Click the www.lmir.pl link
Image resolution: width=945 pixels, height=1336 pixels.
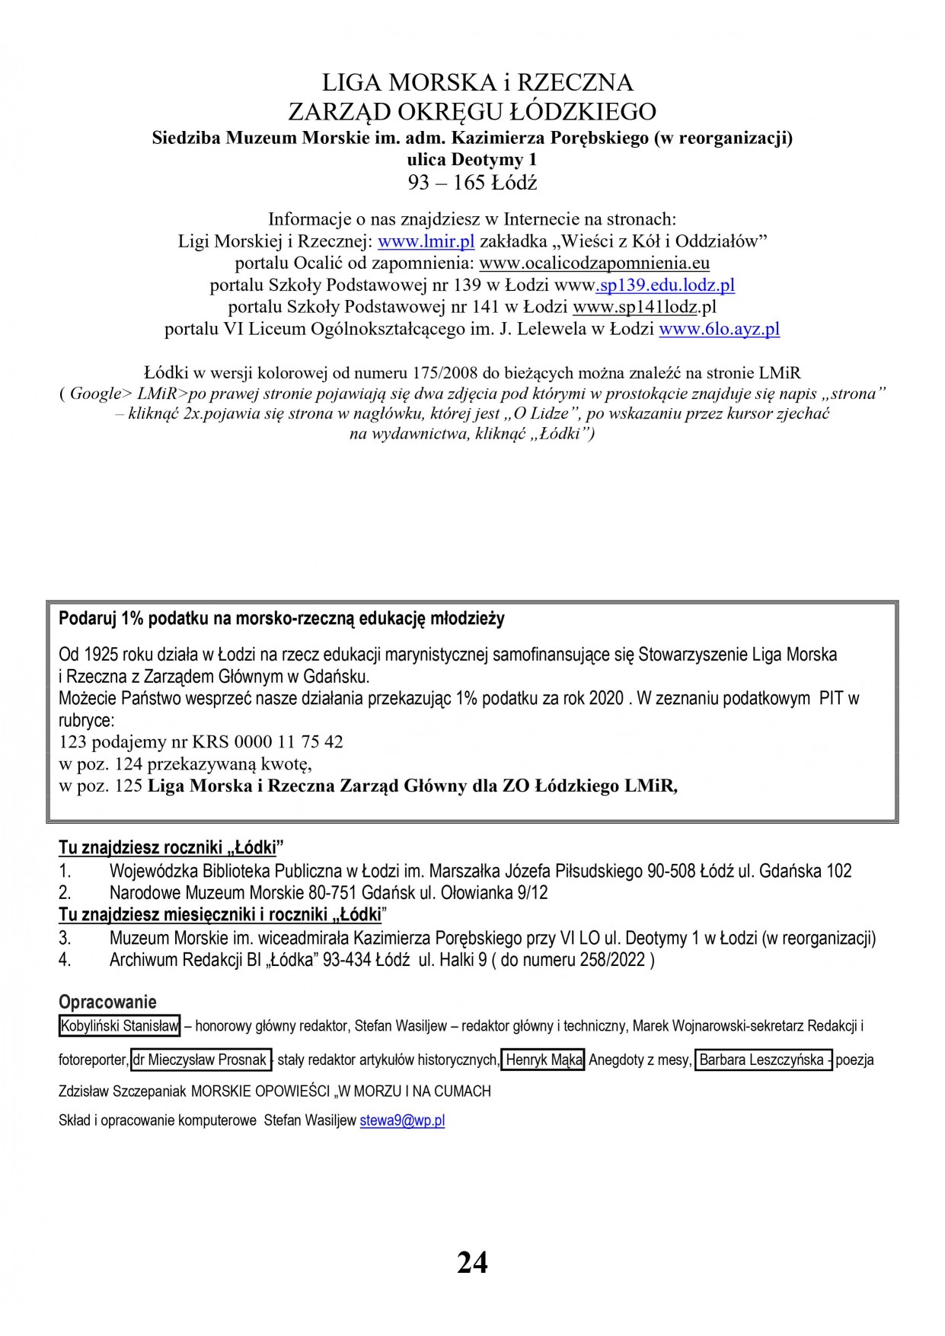tap(426, 241)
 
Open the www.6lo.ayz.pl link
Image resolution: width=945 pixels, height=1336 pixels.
tap(719, 330)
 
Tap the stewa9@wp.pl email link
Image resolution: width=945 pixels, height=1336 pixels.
tap(402, 1121)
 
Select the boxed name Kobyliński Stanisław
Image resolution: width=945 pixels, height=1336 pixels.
tap(120, 1026)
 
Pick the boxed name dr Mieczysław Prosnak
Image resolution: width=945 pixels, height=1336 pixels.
tap(201, 1059)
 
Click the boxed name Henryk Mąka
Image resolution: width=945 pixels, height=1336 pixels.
tap(542, 1059)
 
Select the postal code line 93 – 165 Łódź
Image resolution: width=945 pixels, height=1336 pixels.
tap(473, 183)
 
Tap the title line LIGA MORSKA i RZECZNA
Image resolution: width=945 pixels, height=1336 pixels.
tap(473, 81)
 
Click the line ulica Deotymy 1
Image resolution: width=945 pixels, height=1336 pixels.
tap(473, 160)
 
